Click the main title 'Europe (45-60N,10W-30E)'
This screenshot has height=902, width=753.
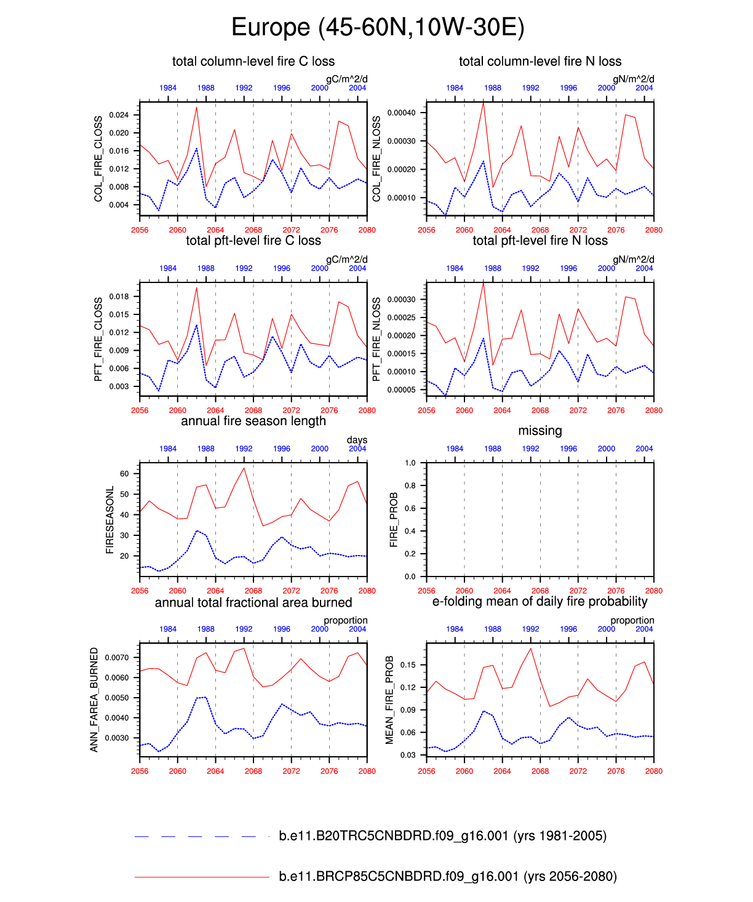[x=377, y=28]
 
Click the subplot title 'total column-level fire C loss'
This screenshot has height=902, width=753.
[x=253, y=62]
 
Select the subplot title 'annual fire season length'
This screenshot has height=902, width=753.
[x=253, y=421]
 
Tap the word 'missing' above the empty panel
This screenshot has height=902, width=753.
[x=540, y=431]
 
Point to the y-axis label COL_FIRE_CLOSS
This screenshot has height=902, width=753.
[x=98, y=159]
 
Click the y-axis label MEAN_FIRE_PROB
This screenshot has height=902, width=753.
[x=389, y=700]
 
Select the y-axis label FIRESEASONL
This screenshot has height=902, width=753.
[x=110, y=520]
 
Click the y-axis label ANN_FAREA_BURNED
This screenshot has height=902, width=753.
[x=94, y=700]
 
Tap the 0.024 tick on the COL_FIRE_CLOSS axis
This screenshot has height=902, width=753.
[x=119, y=115]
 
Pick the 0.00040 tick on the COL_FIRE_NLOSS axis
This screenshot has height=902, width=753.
[x=401, y=113]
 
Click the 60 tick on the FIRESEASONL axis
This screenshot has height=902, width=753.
[x=124, y=474]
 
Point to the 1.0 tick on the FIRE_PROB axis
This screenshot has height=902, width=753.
[x=410, y=463]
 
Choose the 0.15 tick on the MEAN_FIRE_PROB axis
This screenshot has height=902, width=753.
[x=408, y=665]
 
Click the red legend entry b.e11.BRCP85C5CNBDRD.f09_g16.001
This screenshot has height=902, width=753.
[x=447, y=876]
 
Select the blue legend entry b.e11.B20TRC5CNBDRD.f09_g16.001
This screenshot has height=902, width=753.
[x=442, y=836]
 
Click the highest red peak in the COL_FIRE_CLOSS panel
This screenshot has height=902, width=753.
[x=196, y=108]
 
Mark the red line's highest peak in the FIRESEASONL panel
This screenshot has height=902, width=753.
[x=244, y=468]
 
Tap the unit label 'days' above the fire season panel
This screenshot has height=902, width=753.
[x=357, y=440]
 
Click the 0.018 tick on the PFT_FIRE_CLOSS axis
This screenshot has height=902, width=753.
[x=119, y=297]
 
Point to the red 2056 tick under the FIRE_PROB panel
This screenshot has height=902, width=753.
[x=426, y=591]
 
